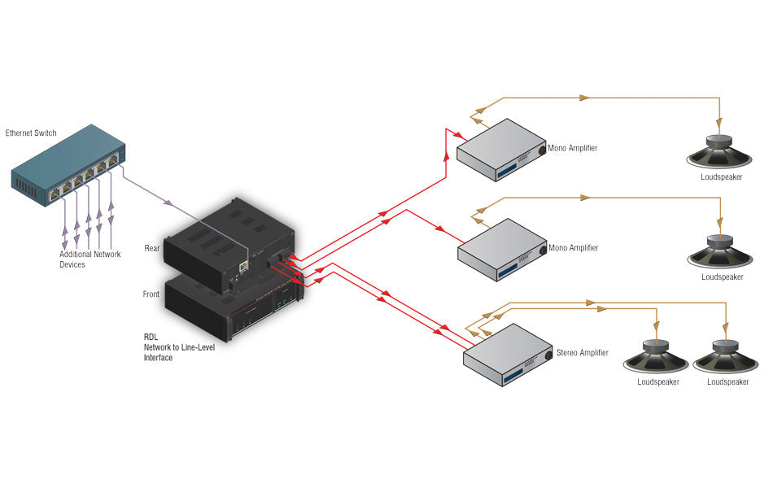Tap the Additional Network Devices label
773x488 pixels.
click(x=90, y=259)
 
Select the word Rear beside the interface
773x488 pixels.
click(x=152, y=248)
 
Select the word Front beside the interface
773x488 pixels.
click(x=151, y=294)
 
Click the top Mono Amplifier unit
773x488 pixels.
click(x=498, y=150)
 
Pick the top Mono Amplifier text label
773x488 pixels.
click(x=573, y=148)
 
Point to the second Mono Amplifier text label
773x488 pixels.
click(x=573, y=247)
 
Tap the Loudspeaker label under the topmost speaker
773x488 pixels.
click(x=721, y=176)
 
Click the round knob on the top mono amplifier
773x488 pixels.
click(x=542, y=151)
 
